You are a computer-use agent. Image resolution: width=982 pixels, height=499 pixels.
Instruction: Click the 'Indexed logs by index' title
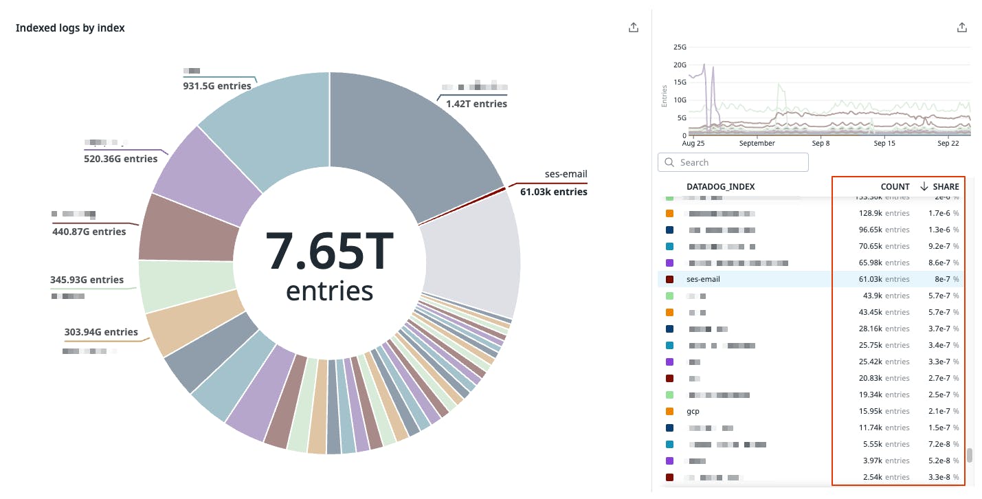70,28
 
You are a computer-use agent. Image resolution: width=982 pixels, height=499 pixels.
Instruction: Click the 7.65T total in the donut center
329,252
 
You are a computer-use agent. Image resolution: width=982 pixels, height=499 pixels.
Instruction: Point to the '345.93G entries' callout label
87,280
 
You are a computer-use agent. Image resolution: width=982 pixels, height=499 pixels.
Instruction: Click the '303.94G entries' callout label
102,332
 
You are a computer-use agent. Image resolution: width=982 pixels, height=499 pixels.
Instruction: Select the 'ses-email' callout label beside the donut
566,174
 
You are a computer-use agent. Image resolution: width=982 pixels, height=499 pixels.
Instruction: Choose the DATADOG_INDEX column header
721,186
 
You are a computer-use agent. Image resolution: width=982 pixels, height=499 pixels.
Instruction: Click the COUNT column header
895,186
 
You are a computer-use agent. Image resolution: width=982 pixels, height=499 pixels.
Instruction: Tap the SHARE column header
946,186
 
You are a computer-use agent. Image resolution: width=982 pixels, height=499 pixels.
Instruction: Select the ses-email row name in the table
703,279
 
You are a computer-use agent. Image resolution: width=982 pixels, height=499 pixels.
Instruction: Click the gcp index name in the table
693,411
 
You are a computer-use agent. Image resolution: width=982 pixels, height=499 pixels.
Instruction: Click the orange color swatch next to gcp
669,411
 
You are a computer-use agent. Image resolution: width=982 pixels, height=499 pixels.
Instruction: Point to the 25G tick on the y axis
680,47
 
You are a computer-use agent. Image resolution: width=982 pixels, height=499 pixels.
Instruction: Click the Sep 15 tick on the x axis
884,144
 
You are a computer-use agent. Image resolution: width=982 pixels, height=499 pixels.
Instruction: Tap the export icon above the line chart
962,27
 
